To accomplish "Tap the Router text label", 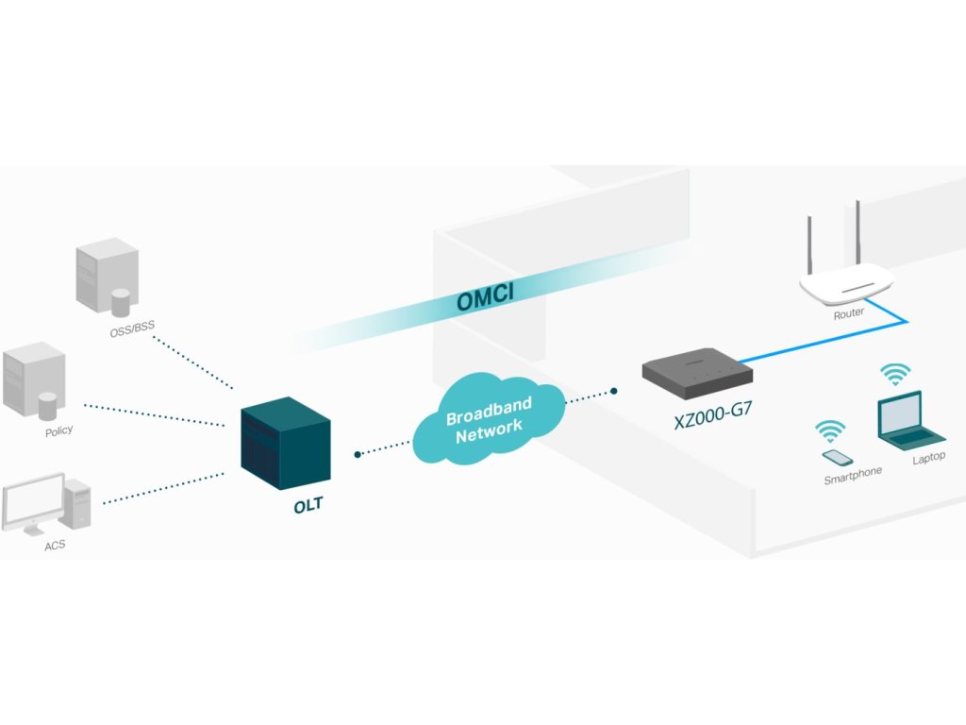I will pos(848,313).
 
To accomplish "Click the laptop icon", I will pos(908,421).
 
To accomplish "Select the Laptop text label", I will pos(928,458).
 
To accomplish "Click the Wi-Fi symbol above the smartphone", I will pos(830,431).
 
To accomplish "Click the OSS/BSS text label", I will pos(132,329).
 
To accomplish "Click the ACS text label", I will pos(57,546).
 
